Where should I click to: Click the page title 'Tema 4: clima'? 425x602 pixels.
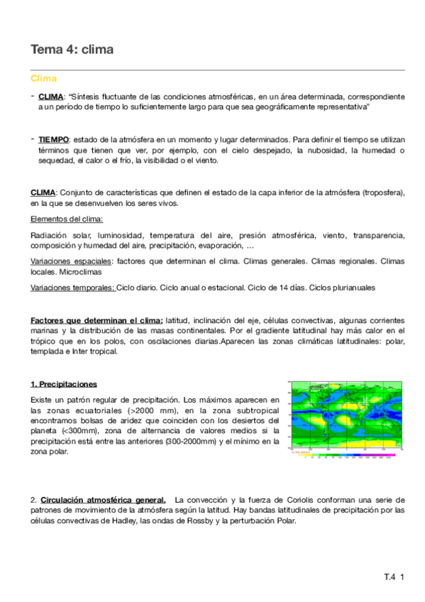[72, 49]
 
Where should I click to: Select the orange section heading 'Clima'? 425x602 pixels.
[43, 79]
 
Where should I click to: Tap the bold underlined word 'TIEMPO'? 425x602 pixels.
[54, 141]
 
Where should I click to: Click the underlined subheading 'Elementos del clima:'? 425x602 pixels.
[67, 219]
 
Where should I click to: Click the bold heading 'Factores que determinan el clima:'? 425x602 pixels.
[96, 320]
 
